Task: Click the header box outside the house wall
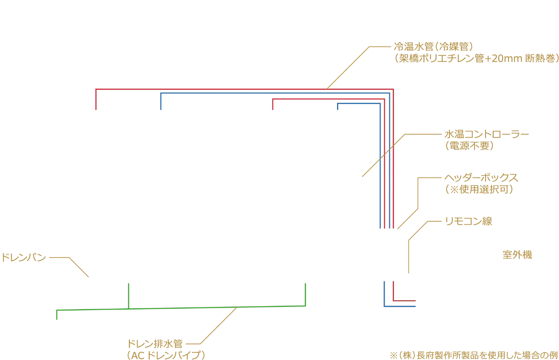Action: point(389,255)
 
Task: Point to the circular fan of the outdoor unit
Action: point(443,287)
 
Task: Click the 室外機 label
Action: point(517,255)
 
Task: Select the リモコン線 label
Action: point(469,221)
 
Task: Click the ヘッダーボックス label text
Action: point(481,178)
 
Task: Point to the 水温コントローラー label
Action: point(486,134)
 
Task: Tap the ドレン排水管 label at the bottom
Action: point(155,344)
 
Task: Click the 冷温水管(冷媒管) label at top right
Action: point(433,47)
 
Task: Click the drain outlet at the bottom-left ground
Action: point(56,322)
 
